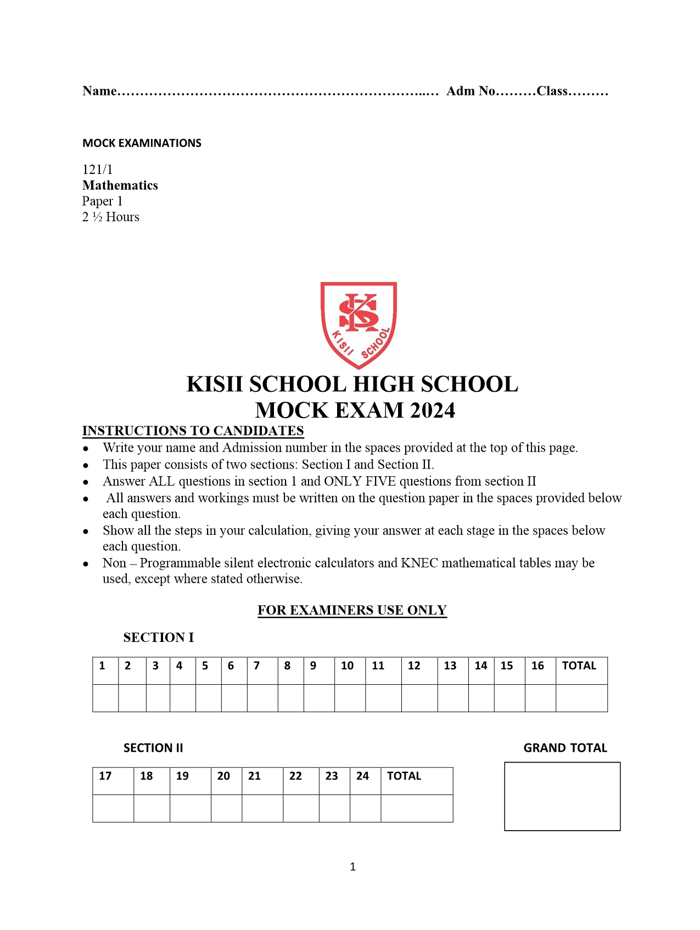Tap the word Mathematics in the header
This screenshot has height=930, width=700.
click(120, 185)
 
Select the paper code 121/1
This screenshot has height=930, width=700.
click(97, 170)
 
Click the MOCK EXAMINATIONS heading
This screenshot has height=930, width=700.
click(142, 143)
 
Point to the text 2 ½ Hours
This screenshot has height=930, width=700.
click(111, 217)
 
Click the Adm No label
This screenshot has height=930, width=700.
click(471, 91)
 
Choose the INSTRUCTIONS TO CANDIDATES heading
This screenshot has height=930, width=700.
click(193, 431)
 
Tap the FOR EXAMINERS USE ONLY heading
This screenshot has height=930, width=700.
click(352, 610)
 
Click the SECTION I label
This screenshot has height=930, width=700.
click(158, 638)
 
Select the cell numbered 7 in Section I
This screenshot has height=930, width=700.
click(256, 666)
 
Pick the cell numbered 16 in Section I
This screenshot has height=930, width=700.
click(537, 666)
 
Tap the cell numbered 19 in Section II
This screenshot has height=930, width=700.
click(182, 776)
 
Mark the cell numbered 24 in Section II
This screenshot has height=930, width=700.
click(362, 776)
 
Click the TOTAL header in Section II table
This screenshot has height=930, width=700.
click(404, 776)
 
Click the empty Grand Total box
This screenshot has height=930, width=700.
click(562, 797)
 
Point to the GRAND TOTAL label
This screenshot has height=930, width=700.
click(565, 748)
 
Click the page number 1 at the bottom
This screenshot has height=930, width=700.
click(352, 867)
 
